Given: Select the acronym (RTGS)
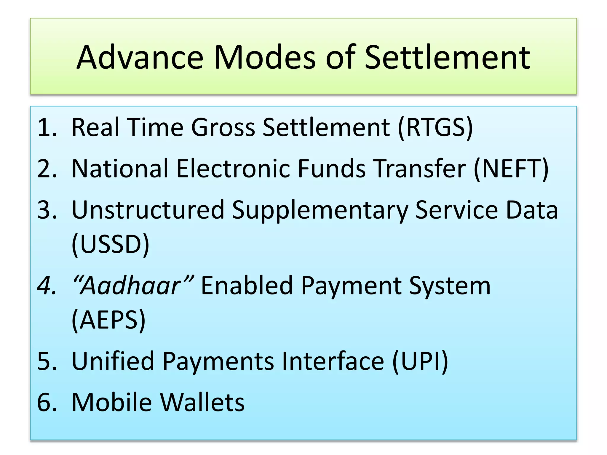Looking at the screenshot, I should point(435,127).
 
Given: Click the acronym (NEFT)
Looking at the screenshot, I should point(511,169).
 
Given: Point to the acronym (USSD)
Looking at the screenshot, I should point(110,244).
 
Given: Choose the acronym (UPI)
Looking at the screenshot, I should point(420,361).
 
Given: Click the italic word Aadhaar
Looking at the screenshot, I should point(130,286).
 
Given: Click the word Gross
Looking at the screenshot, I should point(223,127).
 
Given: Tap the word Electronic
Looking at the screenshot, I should point(233,169).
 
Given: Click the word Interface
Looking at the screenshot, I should point(333,361).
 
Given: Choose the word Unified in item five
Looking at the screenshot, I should point(113,361).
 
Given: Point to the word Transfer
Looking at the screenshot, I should point(419,169).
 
